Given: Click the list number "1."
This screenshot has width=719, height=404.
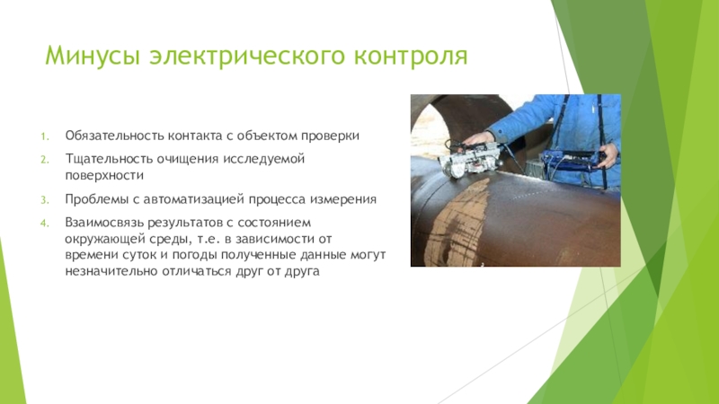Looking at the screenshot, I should pyautogui.click(x=45, y=136).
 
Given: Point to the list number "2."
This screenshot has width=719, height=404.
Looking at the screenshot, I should pyautogui.click(x=45, y=159).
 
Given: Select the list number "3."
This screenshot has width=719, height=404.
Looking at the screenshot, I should pyautogui.click(x=45, y=198).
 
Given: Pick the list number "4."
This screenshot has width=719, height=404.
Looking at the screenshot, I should pyautogui.click(x=45, y=222).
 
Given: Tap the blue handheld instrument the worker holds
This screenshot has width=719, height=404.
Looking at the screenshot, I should pyautogui.click(x=564, y=167).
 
